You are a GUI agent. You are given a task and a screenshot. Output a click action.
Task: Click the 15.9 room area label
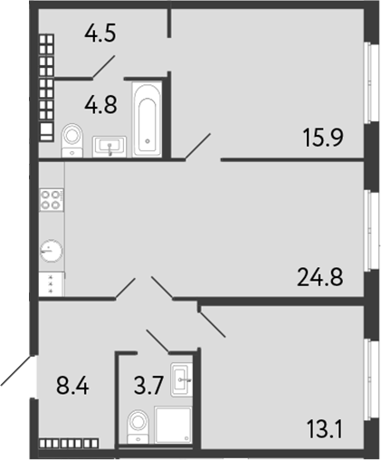pos(322,138)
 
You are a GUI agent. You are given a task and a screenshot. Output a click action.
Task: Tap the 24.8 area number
pos(319,274)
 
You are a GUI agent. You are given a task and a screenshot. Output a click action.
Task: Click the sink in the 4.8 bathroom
pos(110,145)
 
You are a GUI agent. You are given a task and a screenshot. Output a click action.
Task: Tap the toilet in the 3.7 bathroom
pos(138,424)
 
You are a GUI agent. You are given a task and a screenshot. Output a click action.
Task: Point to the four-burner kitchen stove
pos(51,201)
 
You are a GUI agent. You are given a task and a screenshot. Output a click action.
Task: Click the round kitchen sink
pos(52,250)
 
